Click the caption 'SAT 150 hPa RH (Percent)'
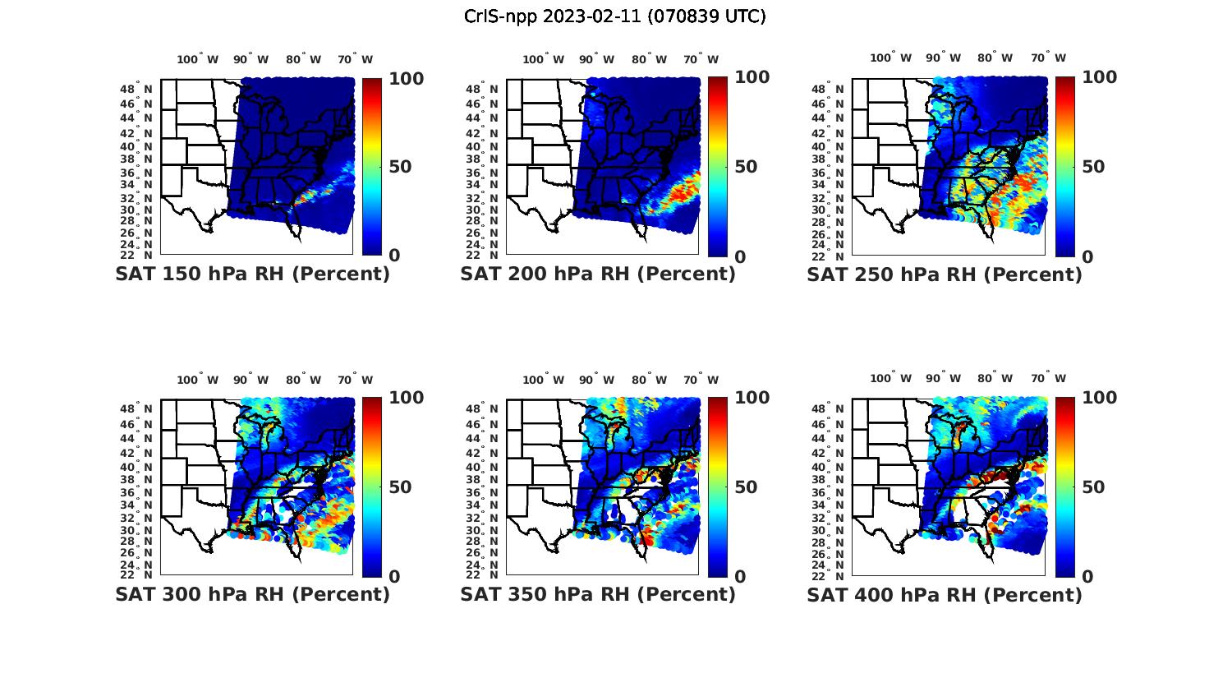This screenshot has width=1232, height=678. click(x=252, y=274)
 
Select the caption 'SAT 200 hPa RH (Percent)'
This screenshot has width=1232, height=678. click(x=598, y=274)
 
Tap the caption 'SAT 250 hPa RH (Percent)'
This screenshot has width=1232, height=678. click(x=945, y=274)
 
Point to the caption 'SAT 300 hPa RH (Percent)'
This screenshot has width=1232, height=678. click(x=252, y=593)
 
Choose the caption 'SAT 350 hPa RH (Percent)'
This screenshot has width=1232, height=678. click(x=598, y=593)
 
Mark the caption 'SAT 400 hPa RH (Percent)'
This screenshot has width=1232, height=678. click(x=945, y=593)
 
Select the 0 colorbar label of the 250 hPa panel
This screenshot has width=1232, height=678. click(x=1087, y=256)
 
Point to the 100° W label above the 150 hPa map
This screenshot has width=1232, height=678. click(x=198, y=59)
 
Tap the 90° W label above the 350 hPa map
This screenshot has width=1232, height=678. click(x=596, y=380)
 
